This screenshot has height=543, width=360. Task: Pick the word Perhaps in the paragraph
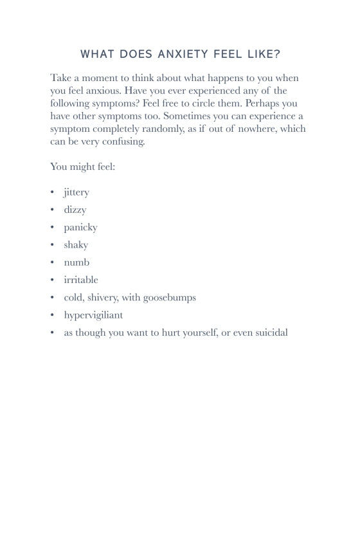coord(263,104)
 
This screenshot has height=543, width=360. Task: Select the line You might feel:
coord(82,167)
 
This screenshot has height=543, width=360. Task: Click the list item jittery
coord(76,192)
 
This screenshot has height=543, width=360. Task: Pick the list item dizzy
coord(75,210)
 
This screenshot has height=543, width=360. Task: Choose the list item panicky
coord(80,227)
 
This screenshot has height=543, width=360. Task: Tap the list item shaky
coord(76,244)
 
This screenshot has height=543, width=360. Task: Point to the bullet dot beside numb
coord(52,262)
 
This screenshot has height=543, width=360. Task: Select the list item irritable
coord(81,280)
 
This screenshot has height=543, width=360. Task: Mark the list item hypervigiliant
coord(93,315)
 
